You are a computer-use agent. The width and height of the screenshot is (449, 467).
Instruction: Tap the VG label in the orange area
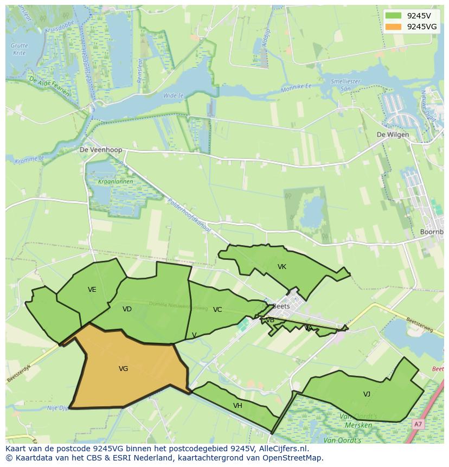click(123, 369)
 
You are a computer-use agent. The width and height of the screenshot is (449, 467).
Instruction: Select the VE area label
click(92, 290)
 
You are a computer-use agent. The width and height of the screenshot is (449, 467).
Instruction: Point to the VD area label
click(127, 309)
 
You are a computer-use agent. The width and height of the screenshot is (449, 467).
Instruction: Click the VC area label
click(217, 310)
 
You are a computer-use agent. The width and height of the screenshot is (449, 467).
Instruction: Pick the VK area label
click(282, 267)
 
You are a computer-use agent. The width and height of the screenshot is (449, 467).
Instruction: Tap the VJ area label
click(367, 394)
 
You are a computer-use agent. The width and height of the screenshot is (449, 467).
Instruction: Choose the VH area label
click(238, 406)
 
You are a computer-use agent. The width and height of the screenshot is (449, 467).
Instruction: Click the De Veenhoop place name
click(101, 150)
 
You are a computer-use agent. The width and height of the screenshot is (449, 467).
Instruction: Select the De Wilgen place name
click(393, 135)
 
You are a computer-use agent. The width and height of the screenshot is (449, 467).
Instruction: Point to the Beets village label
click(281, 306)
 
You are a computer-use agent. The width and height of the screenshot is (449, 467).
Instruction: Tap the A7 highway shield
click(418, 424)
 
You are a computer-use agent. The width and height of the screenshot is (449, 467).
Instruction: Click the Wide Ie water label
click(174, 95)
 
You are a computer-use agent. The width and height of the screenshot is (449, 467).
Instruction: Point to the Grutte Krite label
click(20, 49)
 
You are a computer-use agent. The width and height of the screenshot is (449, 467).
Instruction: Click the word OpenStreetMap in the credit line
click(294, 458)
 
